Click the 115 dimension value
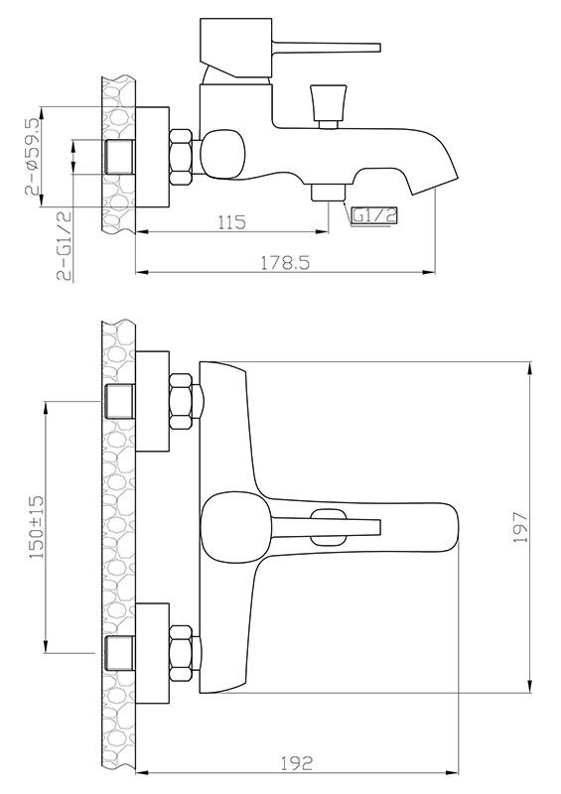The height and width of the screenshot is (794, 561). (231, 222)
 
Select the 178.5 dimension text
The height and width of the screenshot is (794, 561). (285, 263)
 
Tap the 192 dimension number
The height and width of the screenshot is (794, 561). (297, 762)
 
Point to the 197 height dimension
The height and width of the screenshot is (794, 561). (521, 527)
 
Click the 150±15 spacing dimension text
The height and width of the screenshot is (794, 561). (37, 527)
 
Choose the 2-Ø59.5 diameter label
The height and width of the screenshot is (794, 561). (32, 157)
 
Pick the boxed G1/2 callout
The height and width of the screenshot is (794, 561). (374, 215)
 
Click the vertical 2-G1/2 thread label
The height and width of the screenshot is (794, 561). (65, 246)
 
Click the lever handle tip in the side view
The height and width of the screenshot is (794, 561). (378, 48)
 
